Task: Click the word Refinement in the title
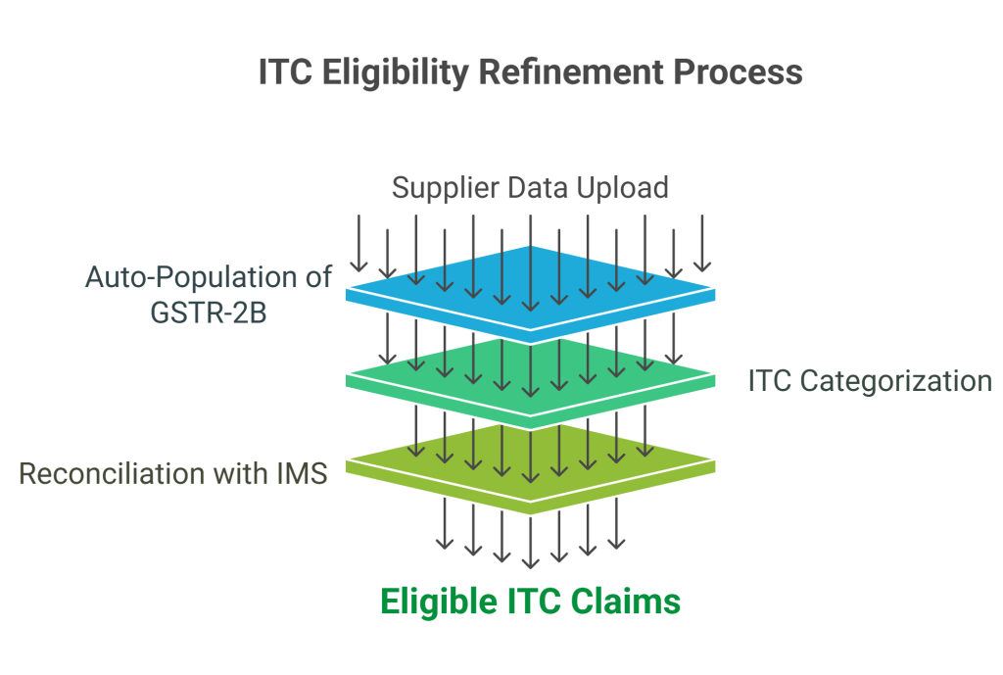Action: [571, 72]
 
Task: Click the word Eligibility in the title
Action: [396, 72]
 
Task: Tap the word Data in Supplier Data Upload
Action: [538, 188]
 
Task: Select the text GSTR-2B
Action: [209, 313]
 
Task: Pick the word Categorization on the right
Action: [896, 381]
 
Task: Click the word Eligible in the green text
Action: [439, 603]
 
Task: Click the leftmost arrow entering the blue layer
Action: [358, 244]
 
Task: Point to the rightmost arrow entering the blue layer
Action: [702, 244]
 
